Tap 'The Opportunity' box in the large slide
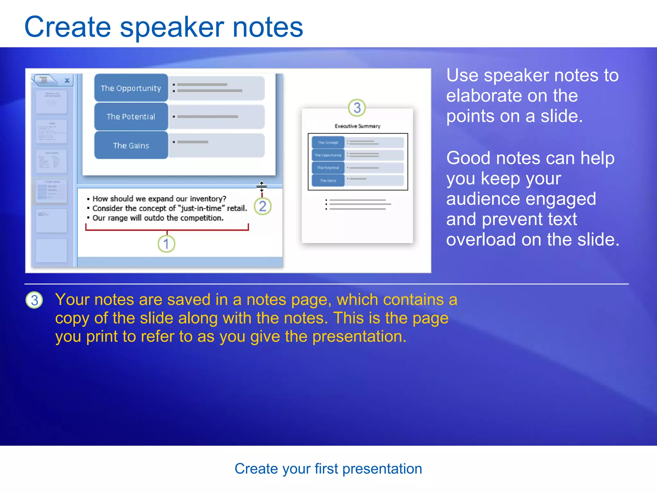[x=131, y=88]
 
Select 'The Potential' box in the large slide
[x=131, y=117]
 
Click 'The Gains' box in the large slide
[x=131, y=145]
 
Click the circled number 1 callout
[x=166, y=244]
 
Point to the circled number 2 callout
[x=262, y=206]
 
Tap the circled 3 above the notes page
[x=357, y=108]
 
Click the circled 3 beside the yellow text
[x=34, y=300]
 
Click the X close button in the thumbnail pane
[x=67, y=80]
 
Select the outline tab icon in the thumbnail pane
[x=44, y=80]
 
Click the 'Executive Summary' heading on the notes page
[x=357, y=126]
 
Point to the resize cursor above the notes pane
[x=261, y=186]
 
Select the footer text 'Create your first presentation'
[x=328, y=469]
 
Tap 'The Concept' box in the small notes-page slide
[x=328, y=143]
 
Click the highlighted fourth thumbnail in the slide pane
[x=51, y=191]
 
